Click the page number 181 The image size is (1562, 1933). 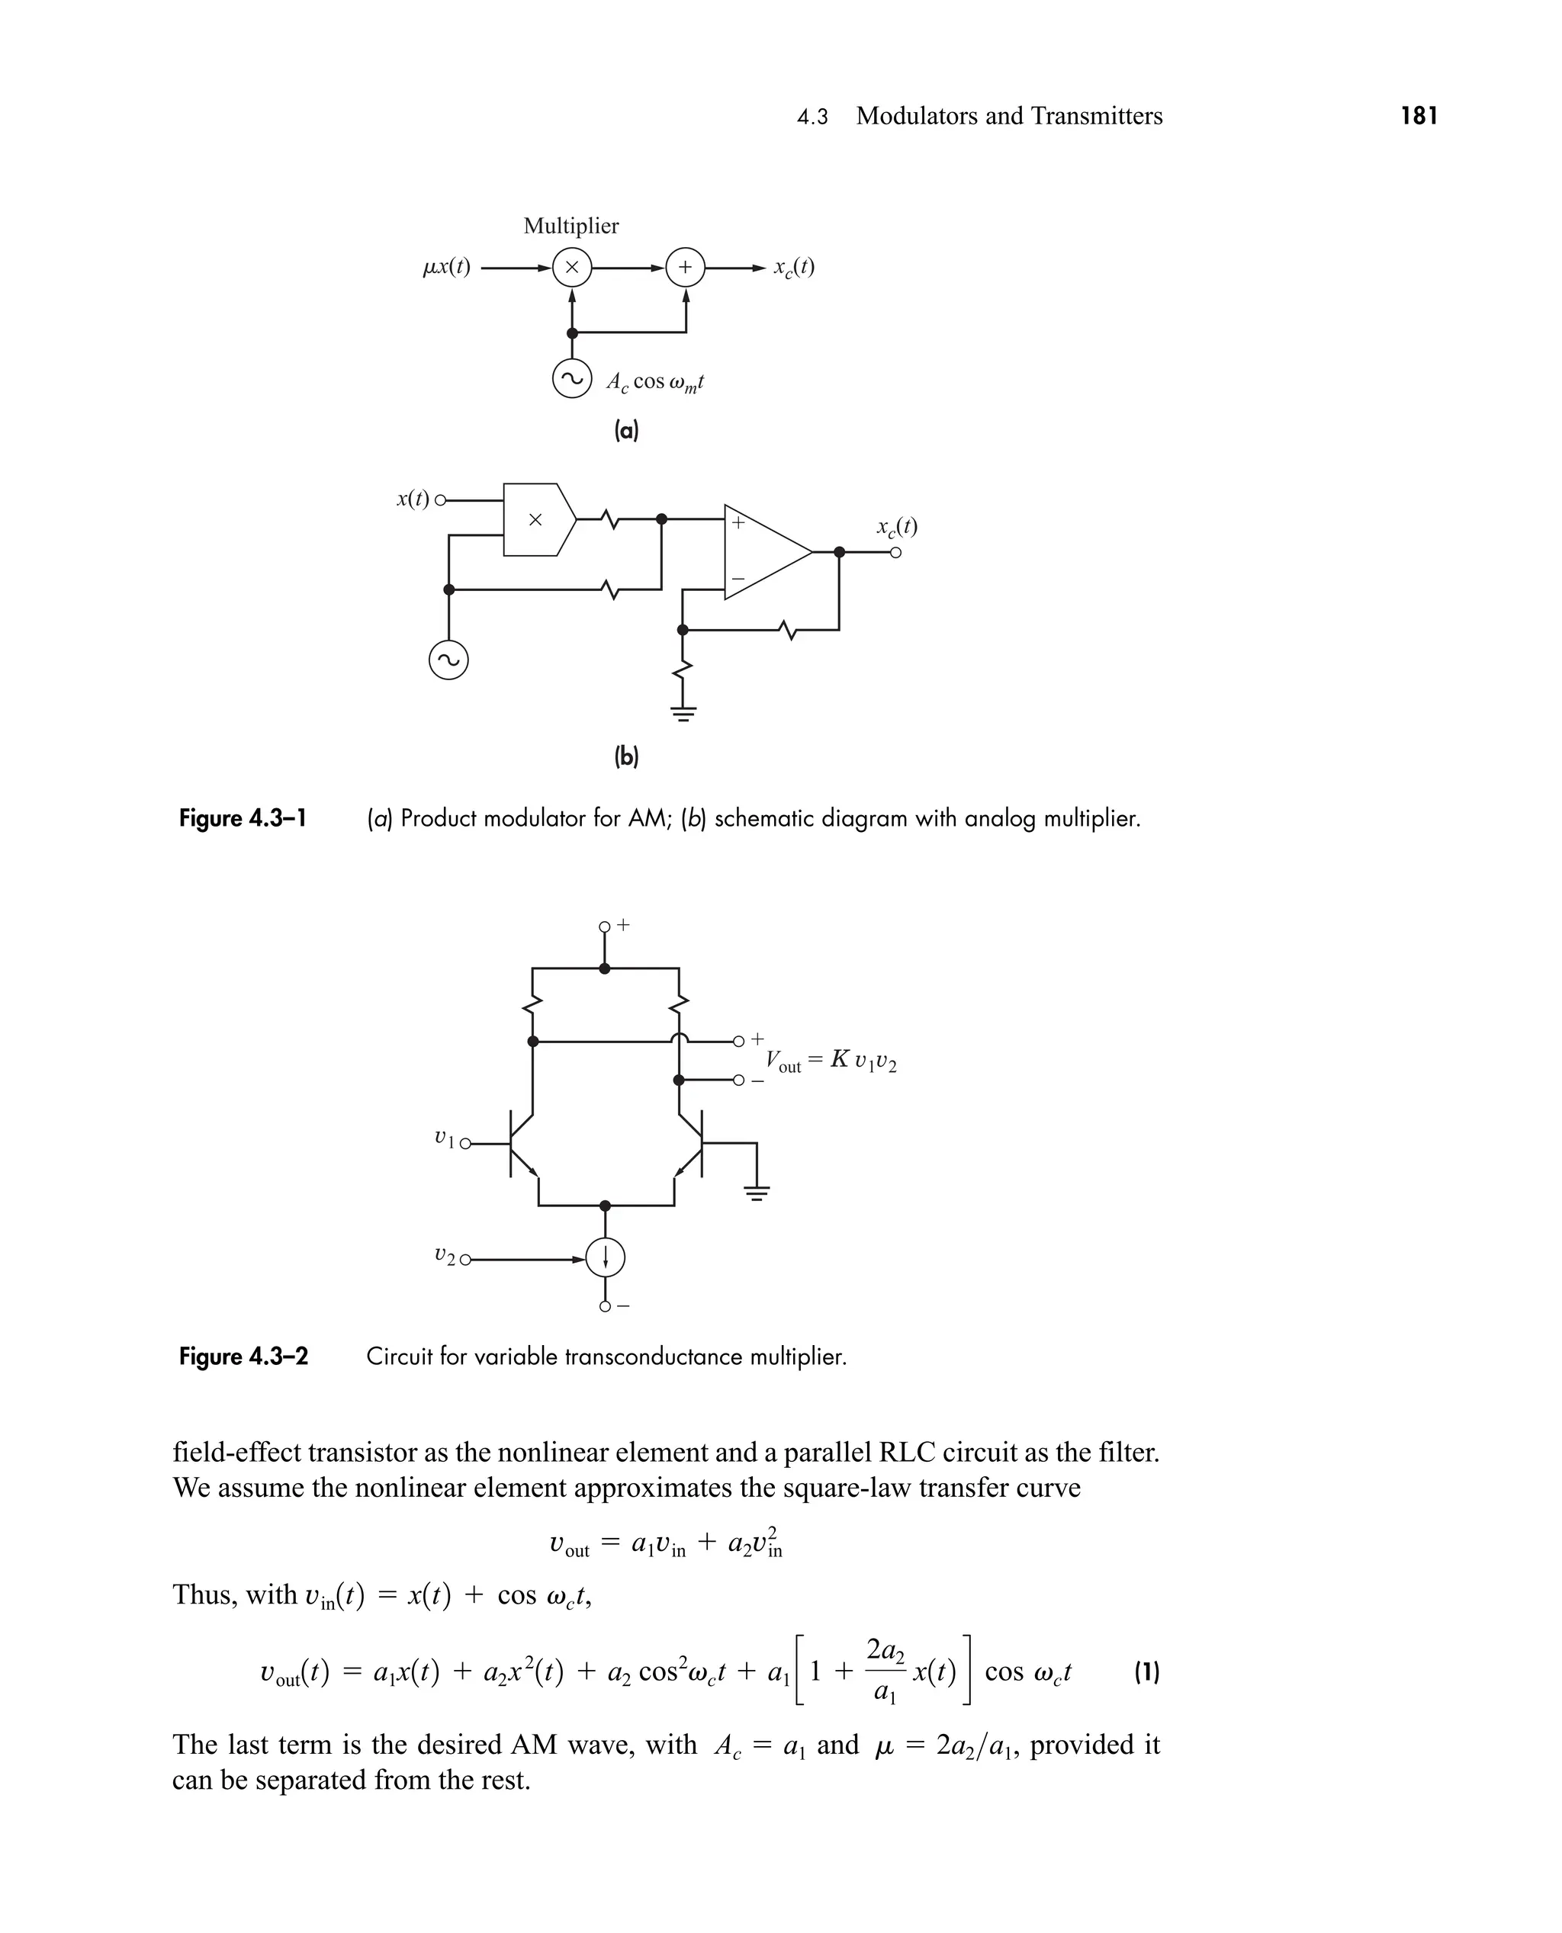coord(1419,116)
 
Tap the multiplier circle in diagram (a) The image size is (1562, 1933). coord(571,267)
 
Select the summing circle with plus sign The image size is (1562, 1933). coord(685,267)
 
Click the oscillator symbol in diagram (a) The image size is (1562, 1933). coord(571,379)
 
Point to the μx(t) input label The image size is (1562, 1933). coord(446,267)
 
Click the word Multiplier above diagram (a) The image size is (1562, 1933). coord(570,226)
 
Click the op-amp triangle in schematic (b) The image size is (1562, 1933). coord(766,551)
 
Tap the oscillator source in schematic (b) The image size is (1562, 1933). coord(448,661)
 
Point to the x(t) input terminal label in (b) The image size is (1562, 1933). coord(413,499)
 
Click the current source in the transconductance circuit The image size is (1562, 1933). coord(605,1257)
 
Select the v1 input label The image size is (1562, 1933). coord(445,1138)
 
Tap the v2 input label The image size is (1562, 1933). coord(445,1254)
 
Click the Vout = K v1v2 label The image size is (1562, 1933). coord(831,1061)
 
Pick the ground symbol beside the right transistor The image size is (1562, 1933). coord(757,1193)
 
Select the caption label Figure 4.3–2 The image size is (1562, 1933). coord(243,1357)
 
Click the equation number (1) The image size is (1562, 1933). coord(1146,1672)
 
